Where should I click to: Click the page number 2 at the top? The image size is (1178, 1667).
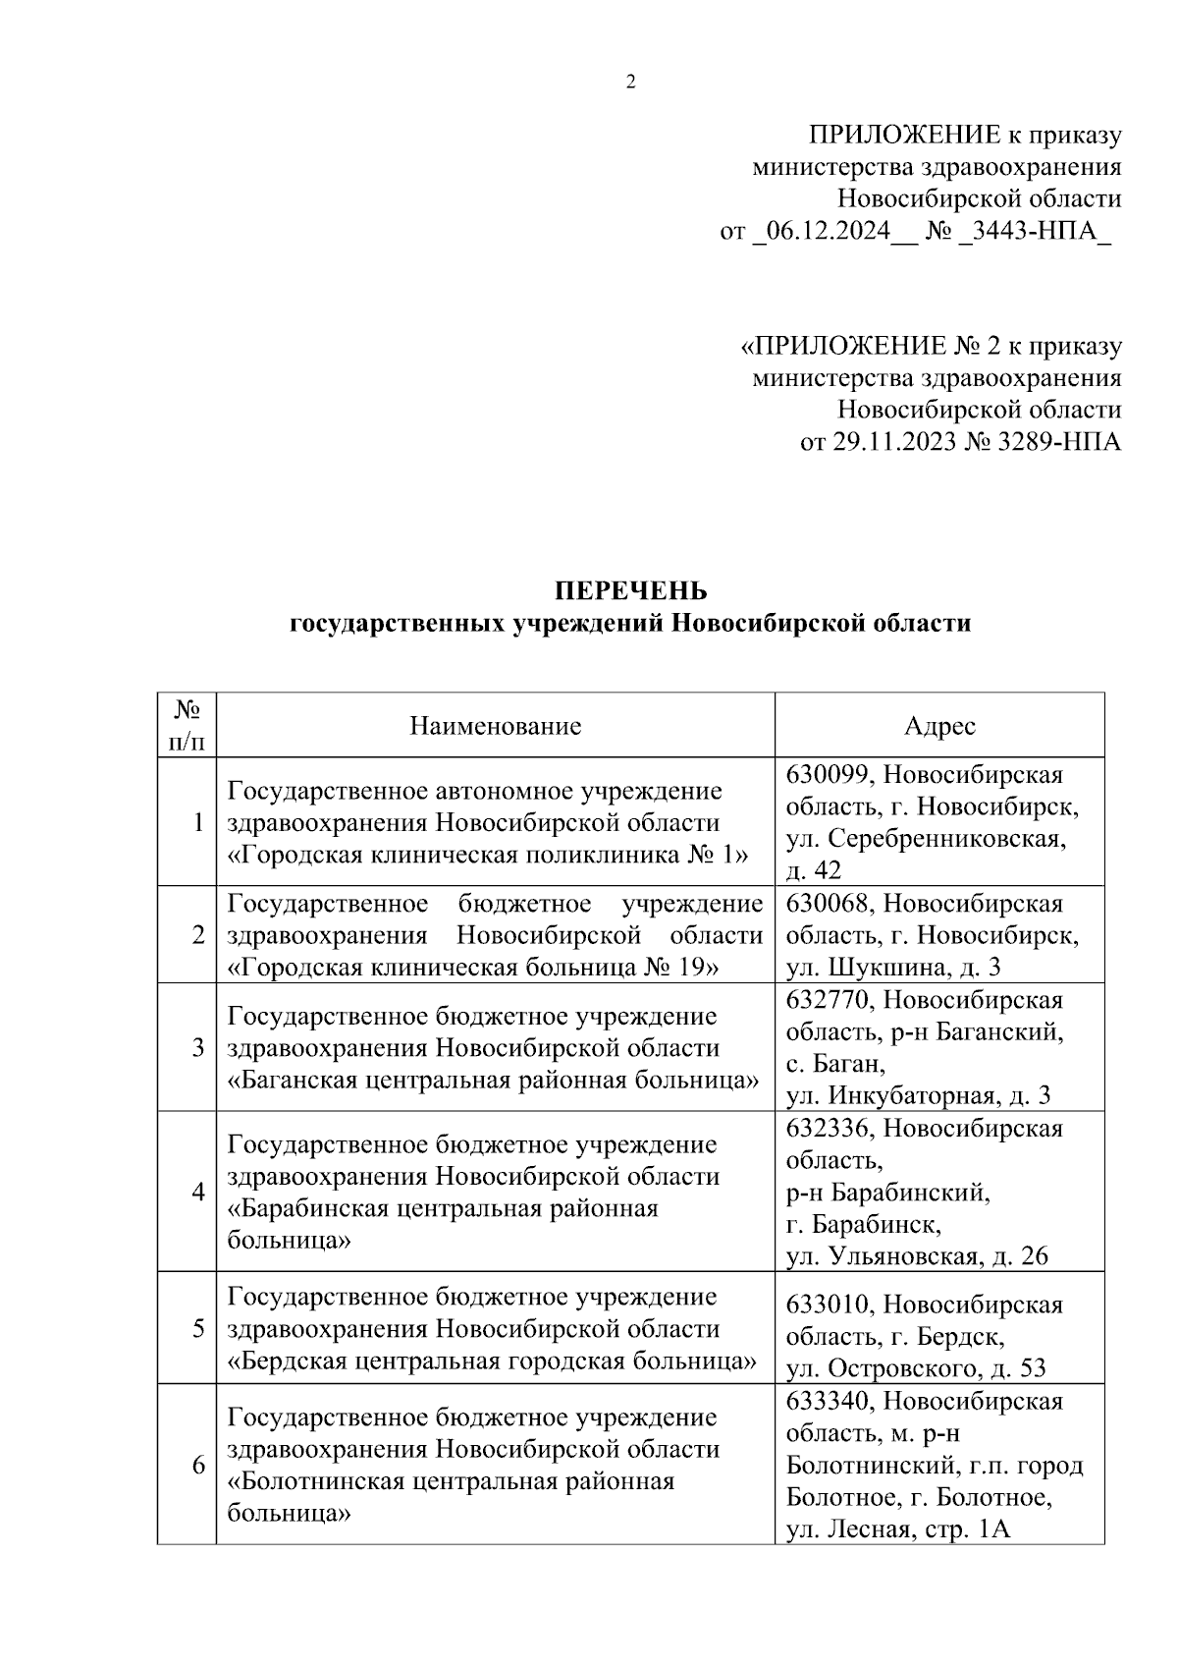[630, 83]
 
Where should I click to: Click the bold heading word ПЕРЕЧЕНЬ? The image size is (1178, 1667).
[630, 591]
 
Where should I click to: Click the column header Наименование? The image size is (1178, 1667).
[496, 726]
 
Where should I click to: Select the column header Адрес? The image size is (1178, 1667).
[939, 726]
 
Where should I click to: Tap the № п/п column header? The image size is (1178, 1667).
[187, 725]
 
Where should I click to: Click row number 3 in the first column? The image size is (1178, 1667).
[198, 1047]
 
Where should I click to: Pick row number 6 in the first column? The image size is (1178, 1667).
[198, 1465]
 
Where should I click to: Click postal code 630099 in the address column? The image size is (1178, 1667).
[829, 775]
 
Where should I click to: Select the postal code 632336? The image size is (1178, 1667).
[829, 1128]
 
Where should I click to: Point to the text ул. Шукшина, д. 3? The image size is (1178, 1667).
[893, 968]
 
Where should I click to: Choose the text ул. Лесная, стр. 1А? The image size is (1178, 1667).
[897, 1529]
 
